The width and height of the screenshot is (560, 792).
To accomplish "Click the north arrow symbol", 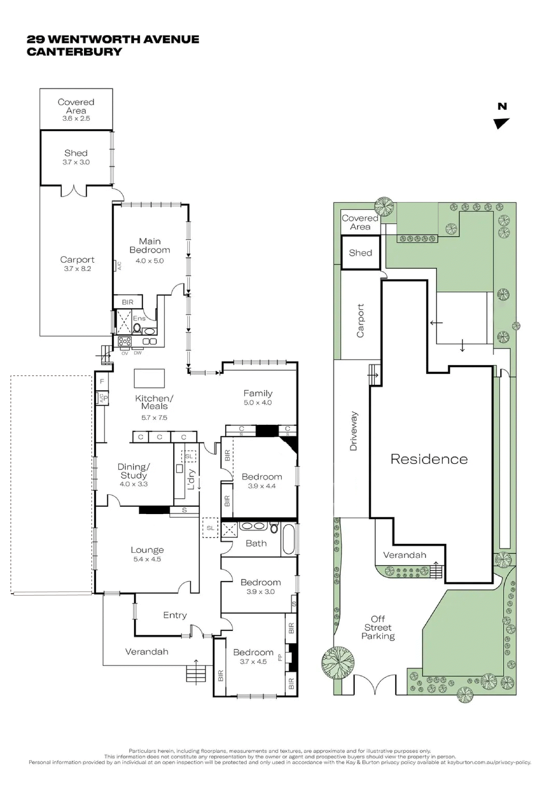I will click(x=501, y=123).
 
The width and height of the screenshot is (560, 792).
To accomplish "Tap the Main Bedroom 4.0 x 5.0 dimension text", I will click(x=149, y=261).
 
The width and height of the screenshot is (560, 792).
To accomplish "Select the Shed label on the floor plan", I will click(x=76, y=153).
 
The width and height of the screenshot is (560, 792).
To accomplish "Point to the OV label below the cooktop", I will click(x=125, y=353).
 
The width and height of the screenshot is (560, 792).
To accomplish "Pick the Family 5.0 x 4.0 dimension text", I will click(x=257, y=403).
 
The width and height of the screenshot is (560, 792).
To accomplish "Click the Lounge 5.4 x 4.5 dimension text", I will click(x=147, y=559).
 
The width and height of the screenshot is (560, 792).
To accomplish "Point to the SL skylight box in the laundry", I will click(x=189, y=456).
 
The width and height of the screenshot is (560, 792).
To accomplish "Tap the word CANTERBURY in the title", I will click(x=74, y=52).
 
